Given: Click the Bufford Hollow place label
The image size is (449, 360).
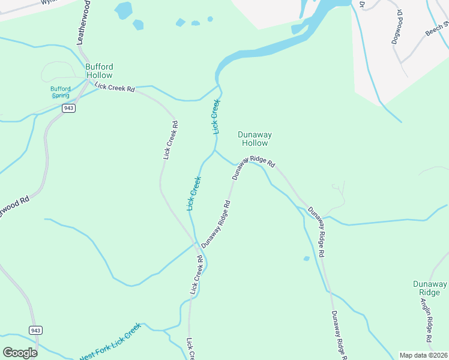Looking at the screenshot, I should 99,71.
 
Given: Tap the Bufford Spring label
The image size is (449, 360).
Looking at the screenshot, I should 60,92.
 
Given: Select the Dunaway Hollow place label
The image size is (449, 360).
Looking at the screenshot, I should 253,139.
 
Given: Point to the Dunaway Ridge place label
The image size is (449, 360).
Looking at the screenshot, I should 430,288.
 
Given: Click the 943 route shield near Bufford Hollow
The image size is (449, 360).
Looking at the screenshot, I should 68,108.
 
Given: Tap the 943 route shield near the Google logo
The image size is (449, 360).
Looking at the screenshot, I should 35,331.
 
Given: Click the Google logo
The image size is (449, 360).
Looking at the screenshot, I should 20,353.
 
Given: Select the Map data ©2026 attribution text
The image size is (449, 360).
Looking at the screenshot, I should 423,355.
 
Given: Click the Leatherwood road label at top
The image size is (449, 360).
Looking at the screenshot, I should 85,22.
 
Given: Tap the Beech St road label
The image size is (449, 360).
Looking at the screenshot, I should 438,29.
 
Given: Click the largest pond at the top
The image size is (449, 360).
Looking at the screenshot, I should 123,10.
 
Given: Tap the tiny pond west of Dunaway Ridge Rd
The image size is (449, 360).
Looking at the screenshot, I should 307,259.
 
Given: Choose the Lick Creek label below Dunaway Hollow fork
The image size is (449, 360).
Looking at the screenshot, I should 194,193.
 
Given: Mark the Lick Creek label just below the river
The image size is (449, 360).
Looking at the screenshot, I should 214,116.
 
